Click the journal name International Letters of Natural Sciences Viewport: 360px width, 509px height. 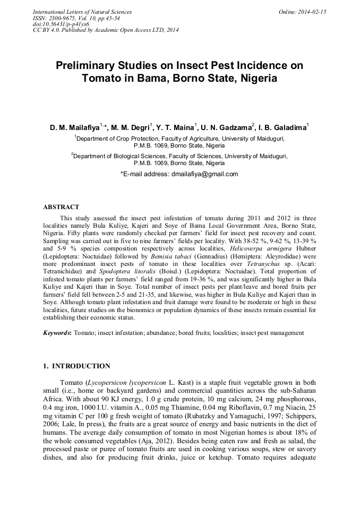point(82,12)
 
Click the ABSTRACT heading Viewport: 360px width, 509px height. point(61,207)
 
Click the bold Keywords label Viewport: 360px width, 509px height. point(57,333)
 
